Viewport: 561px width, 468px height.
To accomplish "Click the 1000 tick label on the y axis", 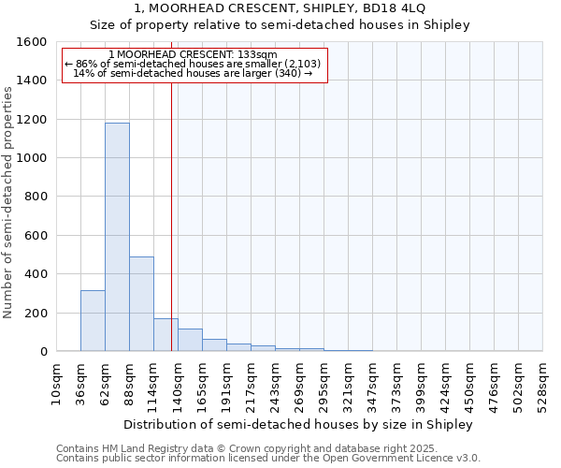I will pyautogui.click(x=34, y=158).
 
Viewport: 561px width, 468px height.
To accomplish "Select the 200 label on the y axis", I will pyautogui.click(x=37, y=313).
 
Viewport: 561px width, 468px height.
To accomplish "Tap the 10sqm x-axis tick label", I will pyautogui.click(x=57, y=379).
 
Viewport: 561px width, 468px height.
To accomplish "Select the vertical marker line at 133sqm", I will pyautogui.click(x=171, y=215).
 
